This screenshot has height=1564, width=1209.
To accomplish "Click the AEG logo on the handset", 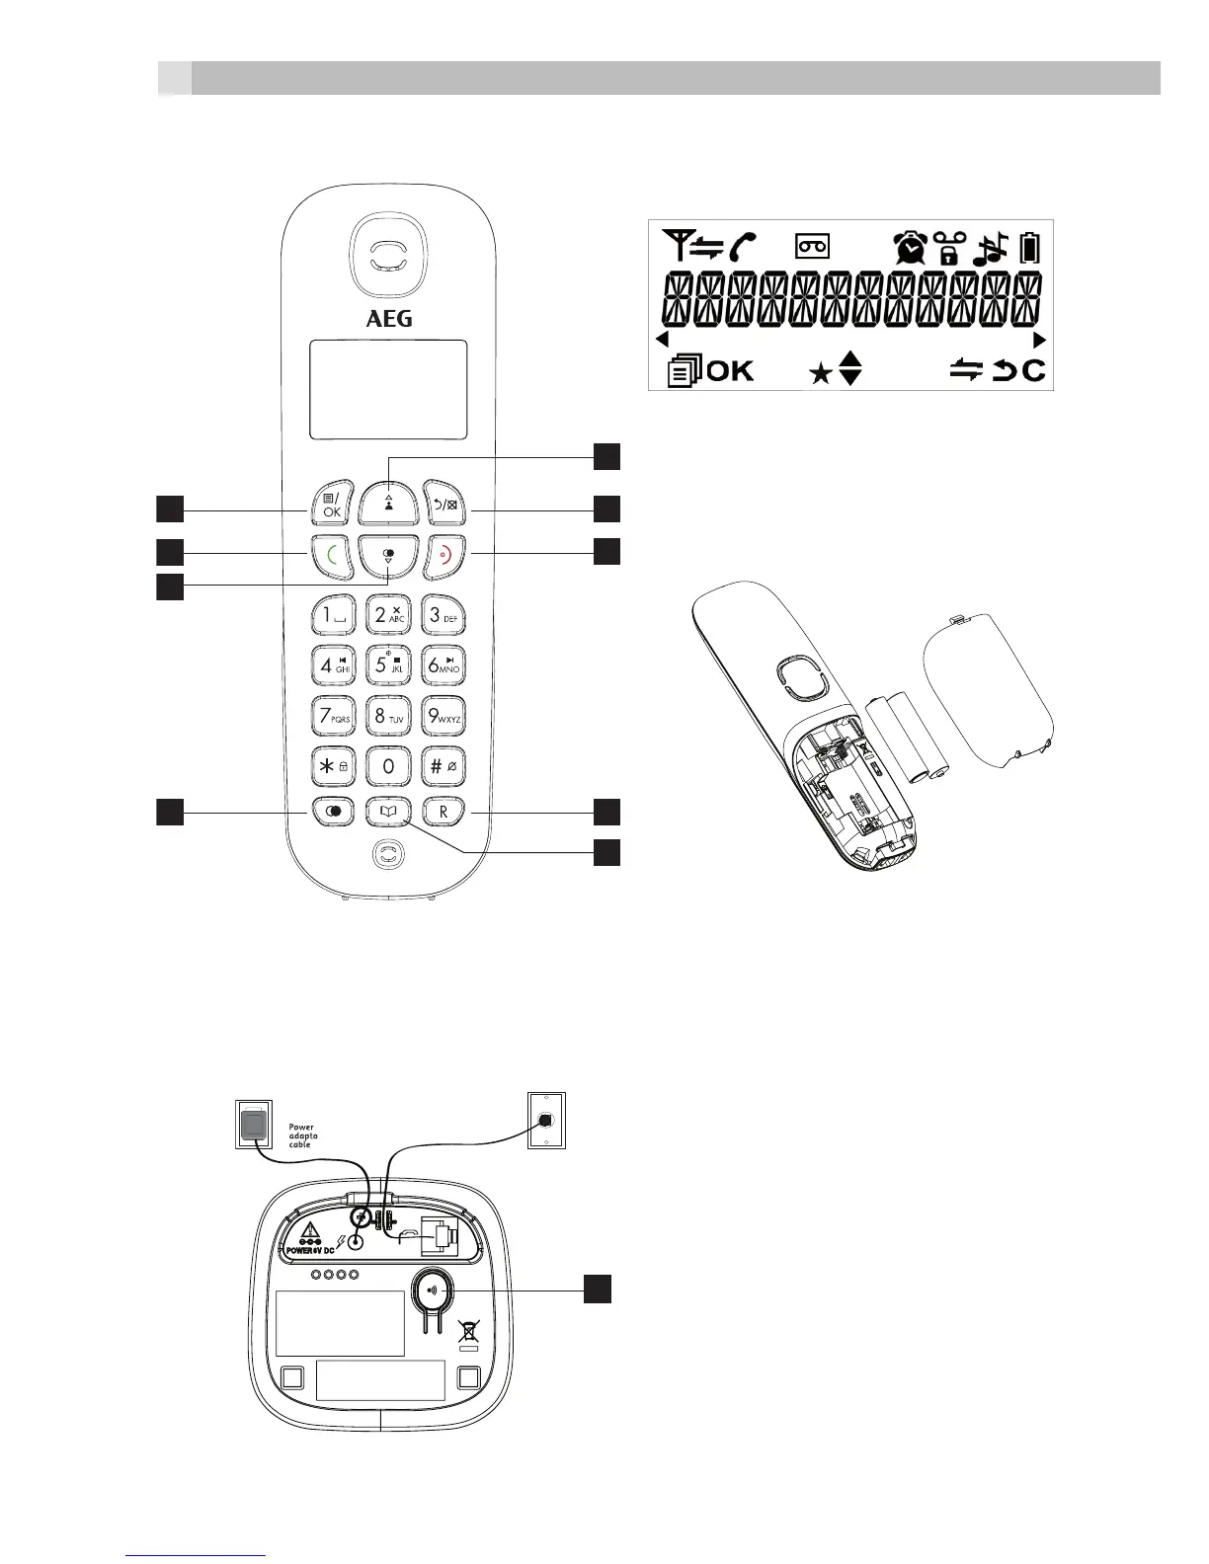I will click(389, 318).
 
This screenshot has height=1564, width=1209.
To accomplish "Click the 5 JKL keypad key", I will click(388, 664).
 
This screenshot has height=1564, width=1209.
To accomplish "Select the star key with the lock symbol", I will click(333, 765).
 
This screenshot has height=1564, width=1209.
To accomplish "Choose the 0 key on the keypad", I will click(388, 765).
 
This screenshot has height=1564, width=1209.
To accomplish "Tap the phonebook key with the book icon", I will click(388, 812).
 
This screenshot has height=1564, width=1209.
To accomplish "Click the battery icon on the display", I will click(1029, 247).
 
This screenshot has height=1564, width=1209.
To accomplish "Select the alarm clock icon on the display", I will click(909, 247).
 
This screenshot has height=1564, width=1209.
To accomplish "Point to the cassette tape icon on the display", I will click(813, 247).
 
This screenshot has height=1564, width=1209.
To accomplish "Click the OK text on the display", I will click(730, 371).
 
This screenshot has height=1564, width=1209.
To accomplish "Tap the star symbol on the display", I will click(820, 374).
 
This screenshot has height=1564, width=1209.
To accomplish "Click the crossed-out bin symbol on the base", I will click(468, 1332).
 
